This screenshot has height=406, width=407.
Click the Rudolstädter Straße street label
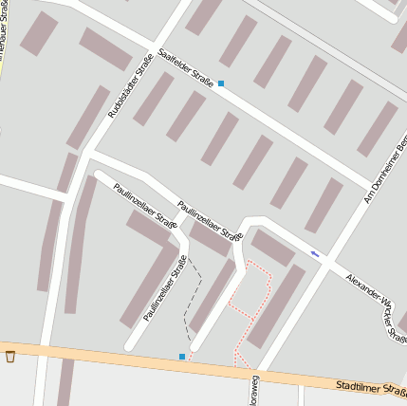coord(131,88)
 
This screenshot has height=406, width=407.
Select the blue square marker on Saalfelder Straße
coord(221,83)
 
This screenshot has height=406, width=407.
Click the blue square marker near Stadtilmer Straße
coord(182,357)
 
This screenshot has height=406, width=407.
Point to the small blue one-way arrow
coord(315,253)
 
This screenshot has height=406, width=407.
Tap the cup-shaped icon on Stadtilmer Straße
coord(10,357)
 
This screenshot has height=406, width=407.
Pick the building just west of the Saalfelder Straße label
coord(105,49)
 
